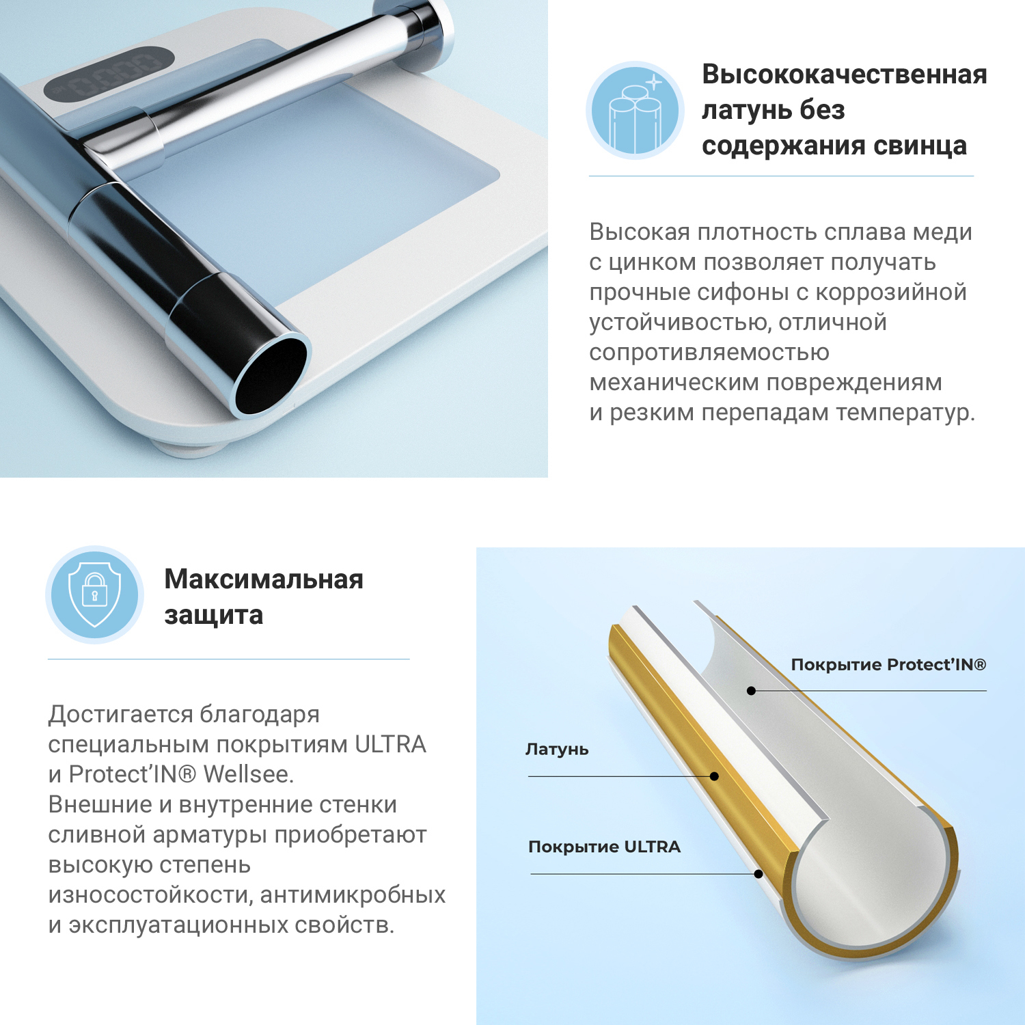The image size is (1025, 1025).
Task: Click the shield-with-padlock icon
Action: [95, 594]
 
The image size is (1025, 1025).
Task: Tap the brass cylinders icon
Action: [635, 111]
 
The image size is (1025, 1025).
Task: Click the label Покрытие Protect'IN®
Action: [888, 665]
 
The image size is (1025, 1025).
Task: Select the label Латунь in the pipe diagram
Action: [557, 749]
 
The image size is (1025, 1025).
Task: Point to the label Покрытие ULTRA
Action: [605, 847]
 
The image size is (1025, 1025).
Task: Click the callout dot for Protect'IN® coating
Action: [751, 691]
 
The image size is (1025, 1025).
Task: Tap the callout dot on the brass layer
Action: [714, 776]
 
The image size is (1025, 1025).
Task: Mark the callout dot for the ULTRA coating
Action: [758, 874]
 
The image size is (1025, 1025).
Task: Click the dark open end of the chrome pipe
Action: [271, 375]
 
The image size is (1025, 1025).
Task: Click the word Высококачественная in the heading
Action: [845, 74]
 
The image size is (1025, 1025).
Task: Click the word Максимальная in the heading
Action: [264, 579]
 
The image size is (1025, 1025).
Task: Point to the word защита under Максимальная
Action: [213, 615]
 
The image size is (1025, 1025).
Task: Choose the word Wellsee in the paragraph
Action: [248, 774]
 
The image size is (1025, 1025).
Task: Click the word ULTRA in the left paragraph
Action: [390, 744]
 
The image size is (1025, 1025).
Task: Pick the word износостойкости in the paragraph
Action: [150, 894]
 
